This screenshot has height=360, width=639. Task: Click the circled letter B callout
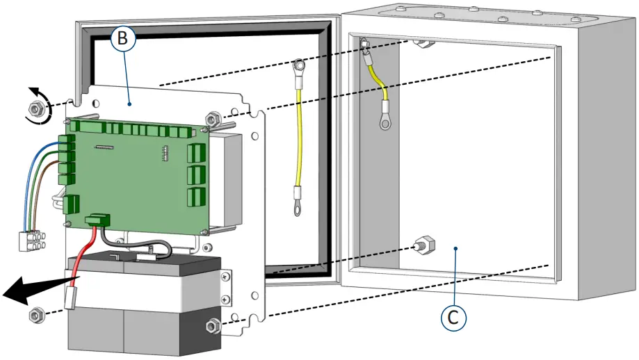coord(122,40)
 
